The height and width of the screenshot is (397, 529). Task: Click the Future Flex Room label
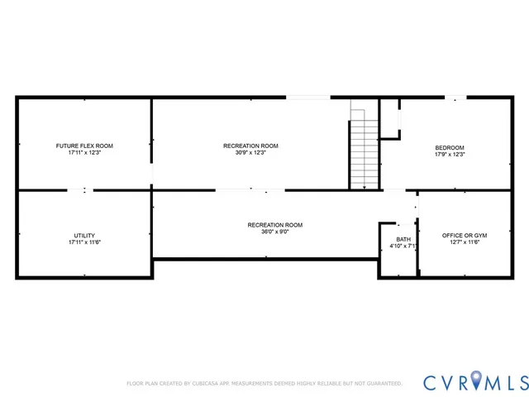point(84,146)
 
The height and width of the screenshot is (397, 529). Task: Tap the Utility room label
point(84,236)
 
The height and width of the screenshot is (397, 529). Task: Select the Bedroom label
point(450,148)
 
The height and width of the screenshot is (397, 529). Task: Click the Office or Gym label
point(464,236)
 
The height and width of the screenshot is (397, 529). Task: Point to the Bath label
point(403,239)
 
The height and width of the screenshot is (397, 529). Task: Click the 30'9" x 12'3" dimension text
point(250,153)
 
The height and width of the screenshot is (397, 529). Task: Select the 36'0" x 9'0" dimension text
point(275,232)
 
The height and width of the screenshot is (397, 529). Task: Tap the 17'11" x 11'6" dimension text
point(84,243)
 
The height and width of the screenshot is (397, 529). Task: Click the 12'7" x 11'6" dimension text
point(464,243)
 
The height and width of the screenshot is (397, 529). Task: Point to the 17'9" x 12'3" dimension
point(450,155)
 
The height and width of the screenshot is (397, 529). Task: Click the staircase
point(364,153)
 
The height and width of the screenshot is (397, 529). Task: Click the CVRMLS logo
point(475,382)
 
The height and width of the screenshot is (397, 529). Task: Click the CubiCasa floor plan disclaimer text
point(264,384)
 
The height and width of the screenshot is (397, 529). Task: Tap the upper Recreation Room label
point(250,146)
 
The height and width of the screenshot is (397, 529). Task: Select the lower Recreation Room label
point(275,225)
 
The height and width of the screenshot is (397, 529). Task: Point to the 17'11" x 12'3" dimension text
point(84,153)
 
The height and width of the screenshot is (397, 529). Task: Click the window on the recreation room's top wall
point(308,98)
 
